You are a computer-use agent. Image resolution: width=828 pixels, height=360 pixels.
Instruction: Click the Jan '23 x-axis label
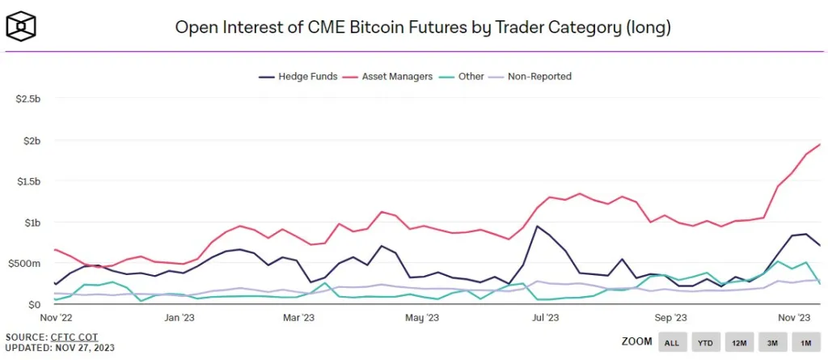click(x=180, y=318)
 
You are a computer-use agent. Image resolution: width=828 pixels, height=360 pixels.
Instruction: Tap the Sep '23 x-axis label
click(x=670, y=318)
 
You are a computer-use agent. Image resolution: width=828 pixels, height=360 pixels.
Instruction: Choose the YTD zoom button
click(x=705, y=342)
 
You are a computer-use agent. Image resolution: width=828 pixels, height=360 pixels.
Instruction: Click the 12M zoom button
click(x=738, y=342)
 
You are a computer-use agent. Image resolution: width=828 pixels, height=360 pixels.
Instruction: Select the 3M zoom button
click(x=771, y=342)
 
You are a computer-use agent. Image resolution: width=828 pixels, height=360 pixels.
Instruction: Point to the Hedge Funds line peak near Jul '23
click(x=537, y=226)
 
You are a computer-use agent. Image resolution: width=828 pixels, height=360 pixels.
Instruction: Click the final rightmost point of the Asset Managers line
click(x=820, y=144)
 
